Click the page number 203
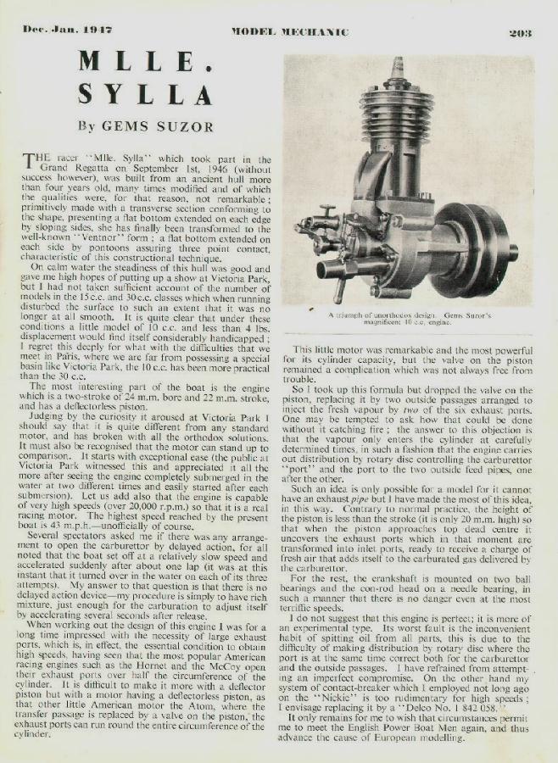520,33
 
